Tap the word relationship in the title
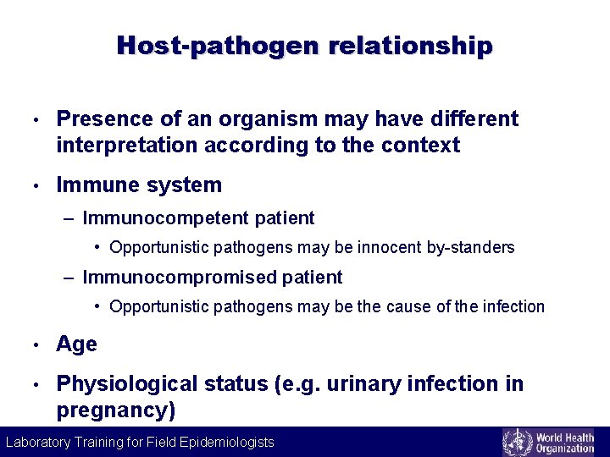pyautogui.click(x=406, y=45)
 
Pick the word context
pyautogui.click(x=420, y=146)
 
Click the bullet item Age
pyautogui.click(x=76, y=344)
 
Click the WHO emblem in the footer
pyautogui.click(x=516, y=443)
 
